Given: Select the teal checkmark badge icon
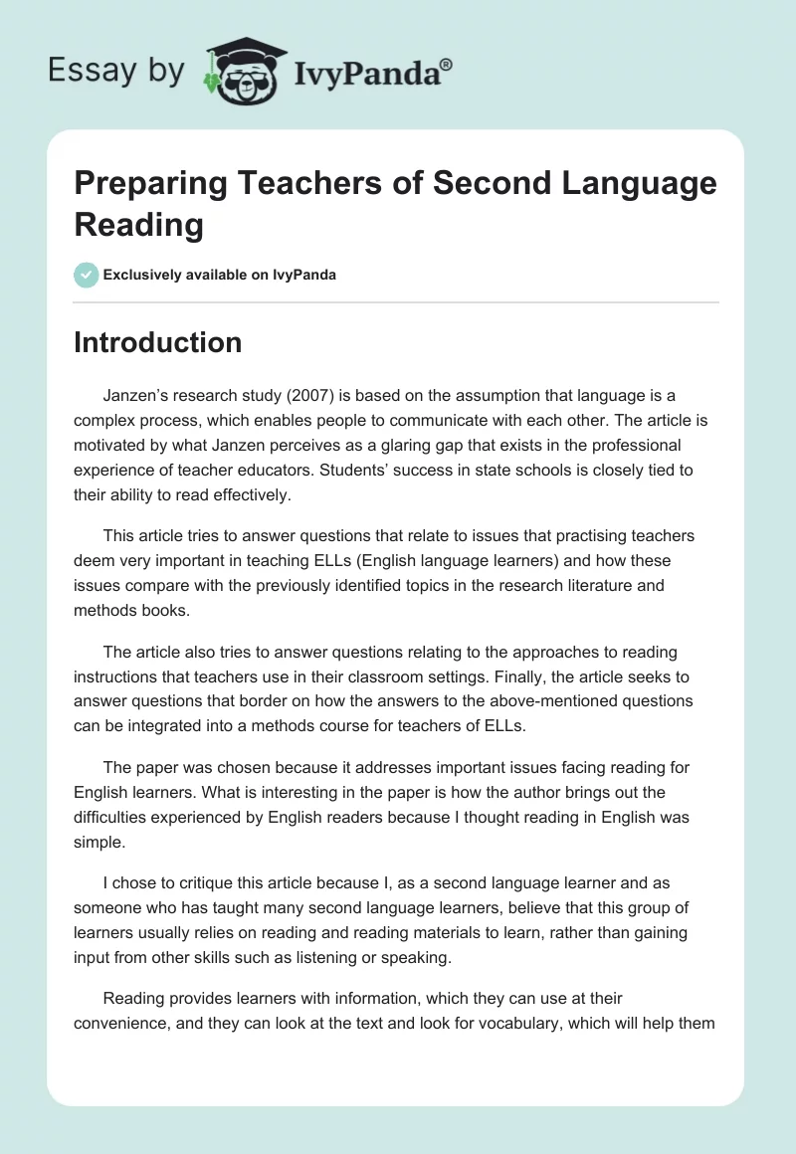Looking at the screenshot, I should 87,275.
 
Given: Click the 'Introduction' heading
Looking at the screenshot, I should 158,343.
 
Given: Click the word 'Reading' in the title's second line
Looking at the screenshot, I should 138,224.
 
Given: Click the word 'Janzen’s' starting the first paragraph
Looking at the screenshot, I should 135,397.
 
